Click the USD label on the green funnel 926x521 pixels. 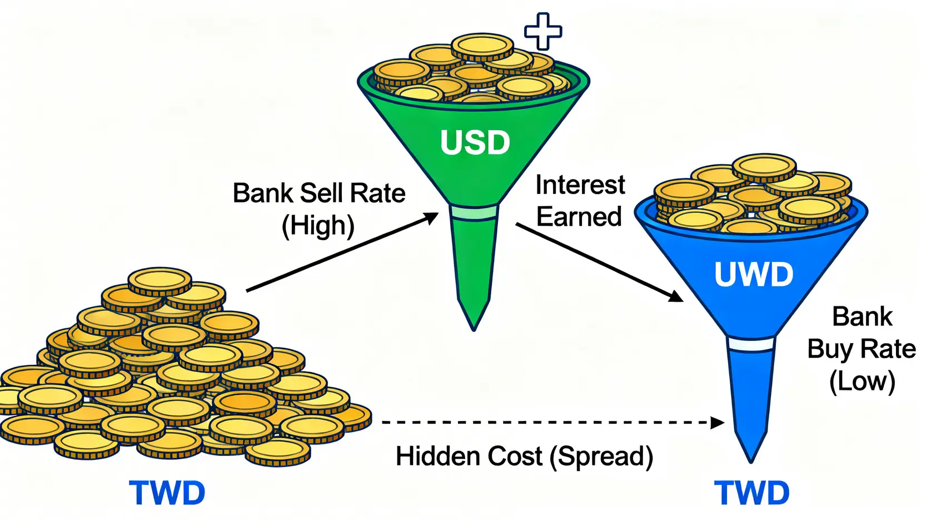(475, 142)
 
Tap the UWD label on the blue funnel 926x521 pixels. (753, 274)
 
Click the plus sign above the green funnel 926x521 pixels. (543, 31)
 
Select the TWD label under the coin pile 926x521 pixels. (167, 493)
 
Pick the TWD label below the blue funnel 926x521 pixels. (751, 493)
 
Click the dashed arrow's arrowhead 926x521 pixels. (718, 423)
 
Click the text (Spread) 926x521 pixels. (601, 457)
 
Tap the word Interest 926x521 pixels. (580, 185)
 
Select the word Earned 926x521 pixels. (579, 217)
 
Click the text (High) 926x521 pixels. (318, 226)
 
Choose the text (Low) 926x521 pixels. (862, 381)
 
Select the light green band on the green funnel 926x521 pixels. (474, 213)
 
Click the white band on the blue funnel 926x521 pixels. (751, 345)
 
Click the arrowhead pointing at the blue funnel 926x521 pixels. (675, 296)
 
